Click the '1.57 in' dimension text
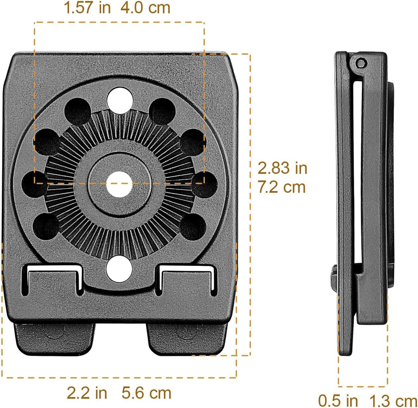point(87,8)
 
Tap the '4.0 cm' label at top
point(145,8)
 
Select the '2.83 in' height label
point(282,168)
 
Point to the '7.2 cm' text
point(281,187)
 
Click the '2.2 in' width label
point(87,393)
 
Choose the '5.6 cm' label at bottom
point(146,393)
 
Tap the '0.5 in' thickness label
point(338,400)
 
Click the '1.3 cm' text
point(393,400)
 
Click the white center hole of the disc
point(119,184)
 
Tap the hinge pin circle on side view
point(361,63)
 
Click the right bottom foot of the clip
point(187,337)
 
